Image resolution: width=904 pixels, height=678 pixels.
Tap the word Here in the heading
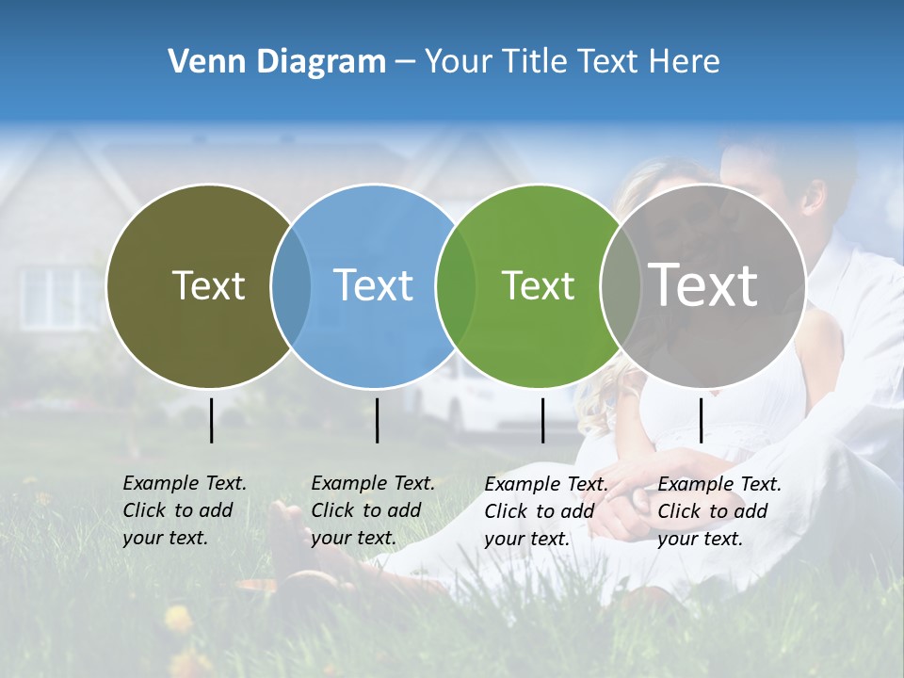(685, 62)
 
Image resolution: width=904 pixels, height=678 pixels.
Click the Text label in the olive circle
(208, 285)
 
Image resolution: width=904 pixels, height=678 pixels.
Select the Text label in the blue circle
(374, 285)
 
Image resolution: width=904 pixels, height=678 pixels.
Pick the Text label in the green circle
(538, 285)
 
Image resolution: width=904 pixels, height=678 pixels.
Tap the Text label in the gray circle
(703, 284)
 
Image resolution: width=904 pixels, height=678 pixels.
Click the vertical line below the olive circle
(211, 420)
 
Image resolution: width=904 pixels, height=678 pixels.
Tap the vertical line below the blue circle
(377, 420)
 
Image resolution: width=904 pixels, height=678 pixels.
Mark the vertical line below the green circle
(542, 420)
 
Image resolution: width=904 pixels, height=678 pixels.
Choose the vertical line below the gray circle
(701, 420)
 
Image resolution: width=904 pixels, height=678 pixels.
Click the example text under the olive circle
(185, 510)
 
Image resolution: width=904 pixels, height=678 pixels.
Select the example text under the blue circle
(373, 510)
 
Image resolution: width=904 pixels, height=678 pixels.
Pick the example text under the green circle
(546, 511)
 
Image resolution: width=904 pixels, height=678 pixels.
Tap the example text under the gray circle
(719, 511)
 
